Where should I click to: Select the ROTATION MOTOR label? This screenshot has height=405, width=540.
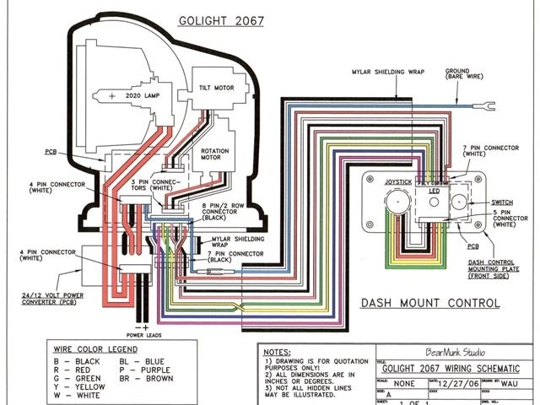click(218, 156)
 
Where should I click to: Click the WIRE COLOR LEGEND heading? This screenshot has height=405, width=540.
click(84, 347)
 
